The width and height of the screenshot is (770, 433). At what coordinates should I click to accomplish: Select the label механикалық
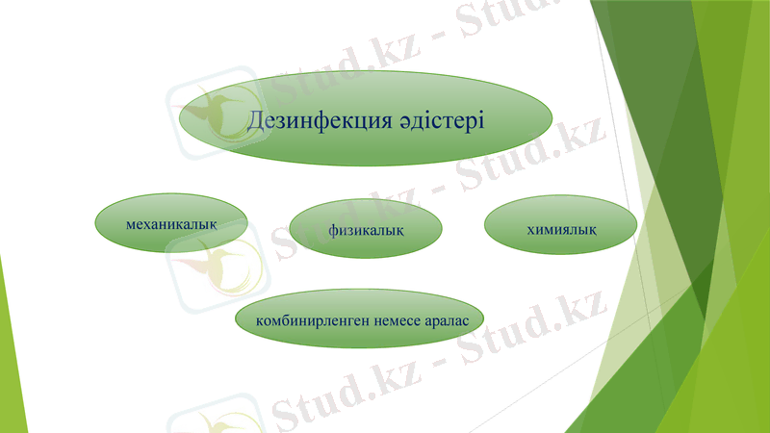pyautogui.click(x=170, y=223)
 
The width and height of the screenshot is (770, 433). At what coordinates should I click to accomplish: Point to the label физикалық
pyautogui.click(x=365, y=230)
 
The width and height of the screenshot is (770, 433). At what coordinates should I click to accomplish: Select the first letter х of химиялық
pyautogui.click(x=531, y=228)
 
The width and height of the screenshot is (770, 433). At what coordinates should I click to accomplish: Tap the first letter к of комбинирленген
pyautogui.click(x=259, y=318)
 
